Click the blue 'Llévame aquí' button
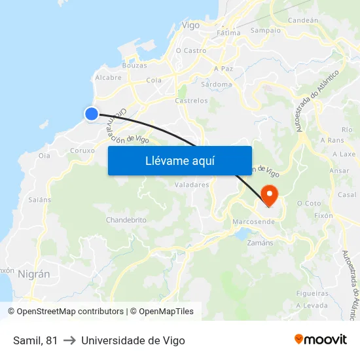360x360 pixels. pyautogui.click(x=179, y=160)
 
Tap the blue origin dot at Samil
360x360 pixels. pyautogui.click(x=92, y=114)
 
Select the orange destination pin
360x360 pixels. pyautogui.click(x=269, y=194)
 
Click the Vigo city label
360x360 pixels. pyautogui.click(x=190, y=26)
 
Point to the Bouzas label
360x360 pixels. pyautogui.click(x=134, y=65)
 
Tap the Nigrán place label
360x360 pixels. pyautogui.click(x=34, y=274)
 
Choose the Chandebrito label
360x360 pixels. pyautogui.click(x=126, y=220)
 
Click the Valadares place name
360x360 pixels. pyautogui.click(x=191, y=185)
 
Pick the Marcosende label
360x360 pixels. pyautogui.click(x=253, y=222)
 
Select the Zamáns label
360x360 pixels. pyautogui.click(x=261, y=242)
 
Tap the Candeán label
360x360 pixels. pyautogui.click(x=302, y=20)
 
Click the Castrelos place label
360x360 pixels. pyautogui.click(x=191, y=101)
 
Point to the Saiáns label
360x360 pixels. pyautogui.click(x=40, y=199)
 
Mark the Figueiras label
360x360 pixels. pyautogui.click(x=312, y=293)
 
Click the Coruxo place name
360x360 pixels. pyautogui.click(x=82, y=150)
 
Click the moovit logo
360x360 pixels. pyautogui.click(x=320, y=339)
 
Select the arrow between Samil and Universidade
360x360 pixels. pyautogui.click(x=69, y=341)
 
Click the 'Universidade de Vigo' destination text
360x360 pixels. pyautogui.click(x=133, y=341)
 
